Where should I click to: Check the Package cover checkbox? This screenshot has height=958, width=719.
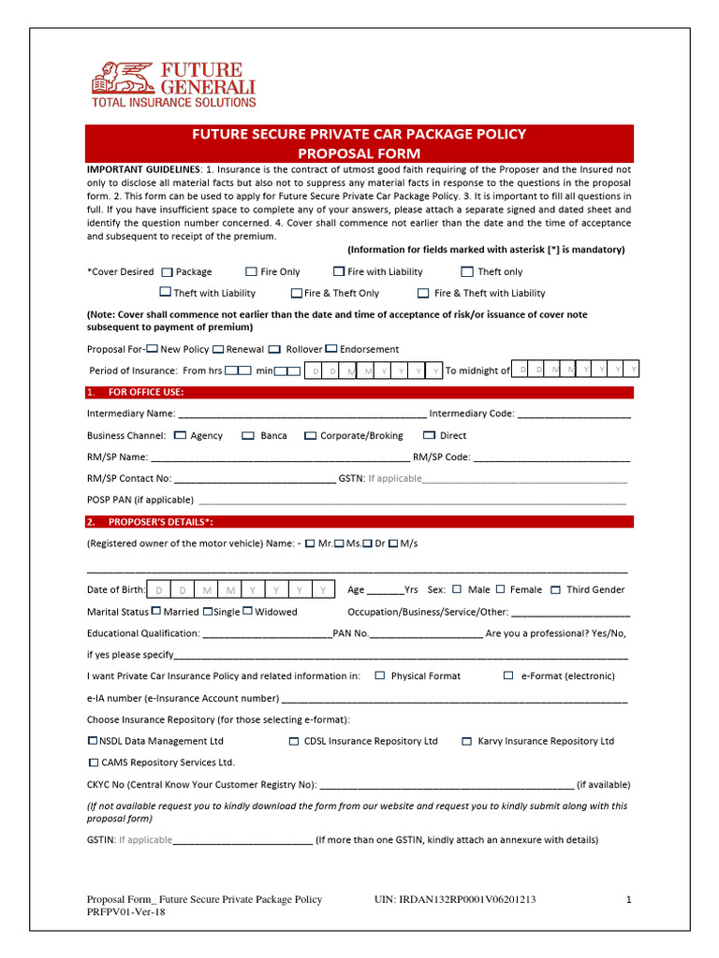(x=167, y=272)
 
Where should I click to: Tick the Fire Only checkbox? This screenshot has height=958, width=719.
(x=251, y=272)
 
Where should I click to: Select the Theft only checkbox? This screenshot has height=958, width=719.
(x=468, y=272)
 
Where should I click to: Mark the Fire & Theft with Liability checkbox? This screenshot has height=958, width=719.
(x=423, y=294)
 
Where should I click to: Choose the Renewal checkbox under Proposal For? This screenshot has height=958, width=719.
(x=218, y=349)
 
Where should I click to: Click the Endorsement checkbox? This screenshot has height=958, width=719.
(x=332, y=349)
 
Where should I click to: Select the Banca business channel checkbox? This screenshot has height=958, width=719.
(x=248, y=436)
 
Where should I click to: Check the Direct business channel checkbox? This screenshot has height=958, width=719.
(x=430, y=436)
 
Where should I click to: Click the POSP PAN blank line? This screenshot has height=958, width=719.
(x=412, y=501)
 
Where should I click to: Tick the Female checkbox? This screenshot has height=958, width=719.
(x=501, y=589)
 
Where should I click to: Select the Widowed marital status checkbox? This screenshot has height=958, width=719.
(x=247, y=612)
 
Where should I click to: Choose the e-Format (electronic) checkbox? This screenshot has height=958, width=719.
(x=508, y=675)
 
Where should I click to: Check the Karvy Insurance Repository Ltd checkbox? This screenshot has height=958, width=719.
(x=467, y=741)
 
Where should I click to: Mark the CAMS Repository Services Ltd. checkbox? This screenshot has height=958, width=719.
(x=93, y=762)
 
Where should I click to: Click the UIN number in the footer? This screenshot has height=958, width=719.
(x=455, y=900)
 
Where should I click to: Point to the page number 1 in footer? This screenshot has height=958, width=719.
(x=629, y=900)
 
